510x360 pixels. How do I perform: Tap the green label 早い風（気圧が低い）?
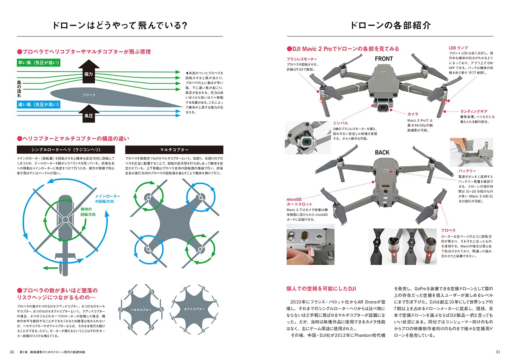pos(38,63)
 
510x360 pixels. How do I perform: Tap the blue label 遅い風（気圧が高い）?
pos(38,105)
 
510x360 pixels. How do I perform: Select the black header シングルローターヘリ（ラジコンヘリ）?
pos(66,150)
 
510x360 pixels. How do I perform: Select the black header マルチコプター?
pos(174,150)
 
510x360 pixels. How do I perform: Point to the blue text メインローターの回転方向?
pos(107,199)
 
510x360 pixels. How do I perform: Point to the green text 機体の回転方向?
pos(88,212)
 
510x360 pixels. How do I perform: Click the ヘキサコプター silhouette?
pos(141,310)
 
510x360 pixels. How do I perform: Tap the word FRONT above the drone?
pos(384,59)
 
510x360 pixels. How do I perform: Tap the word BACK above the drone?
pos(382,153)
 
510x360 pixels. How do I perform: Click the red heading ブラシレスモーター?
pos(302,59)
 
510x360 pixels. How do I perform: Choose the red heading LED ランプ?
pos(458,48)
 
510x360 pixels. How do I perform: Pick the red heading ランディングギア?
pos(474,112)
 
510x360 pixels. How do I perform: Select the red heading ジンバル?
pos(340,123)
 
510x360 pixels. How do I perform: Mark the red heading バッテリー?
pos(467,171)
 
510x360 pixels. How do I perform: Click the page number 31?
pos(498,352)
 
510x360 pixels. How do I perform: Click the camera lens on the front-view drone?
pos(383,107)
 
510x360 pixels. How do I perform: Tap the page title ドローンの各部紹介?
pos(390,26)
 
